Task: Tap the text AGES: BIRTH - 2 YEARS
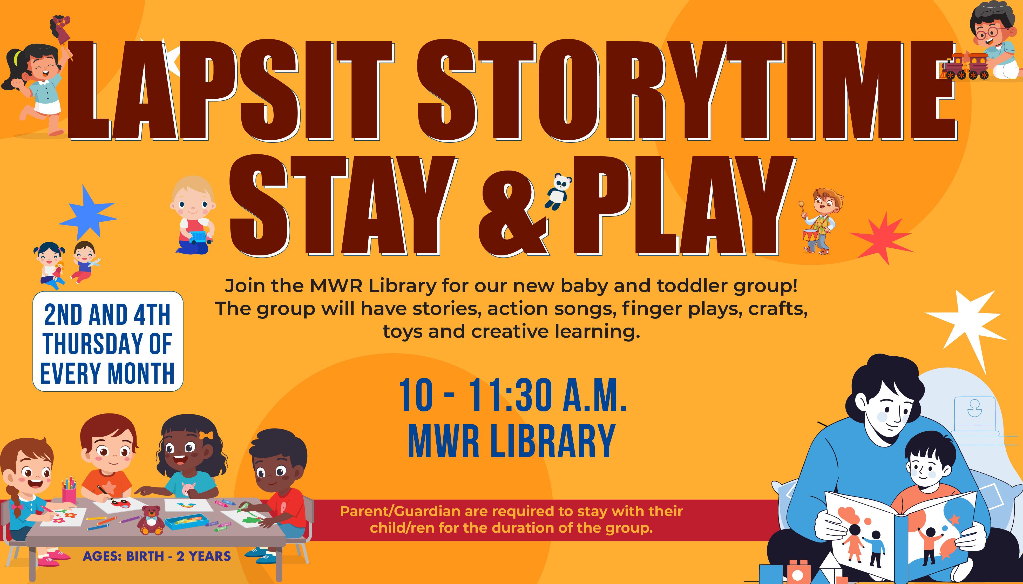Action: [157, 556]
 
